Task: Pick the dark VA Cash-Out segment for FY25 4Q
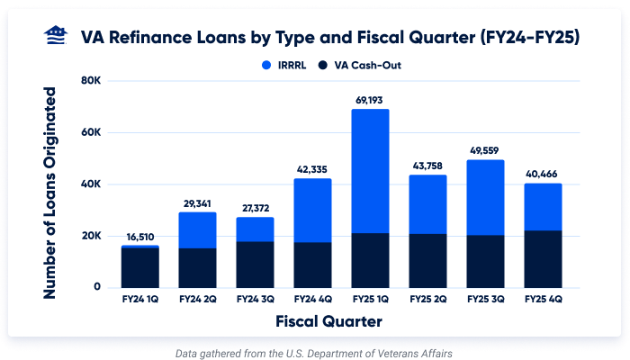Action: click(x=543, y=259)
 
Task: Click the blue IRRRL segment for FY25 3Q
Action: click(x=485, y=197)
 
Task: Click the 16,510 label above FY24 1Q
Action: click(x=139, y=236)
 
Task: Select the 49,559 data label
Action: click(x=485, y=150)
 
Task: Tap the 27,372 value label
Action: click(x=255, y=208)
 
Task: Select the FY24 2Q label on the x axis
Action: click(x=197, y=298)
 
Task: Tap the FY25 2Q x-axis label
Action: click(x=427, y=298)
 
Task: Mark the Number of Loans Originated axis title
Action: click(x=51, y=193)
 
